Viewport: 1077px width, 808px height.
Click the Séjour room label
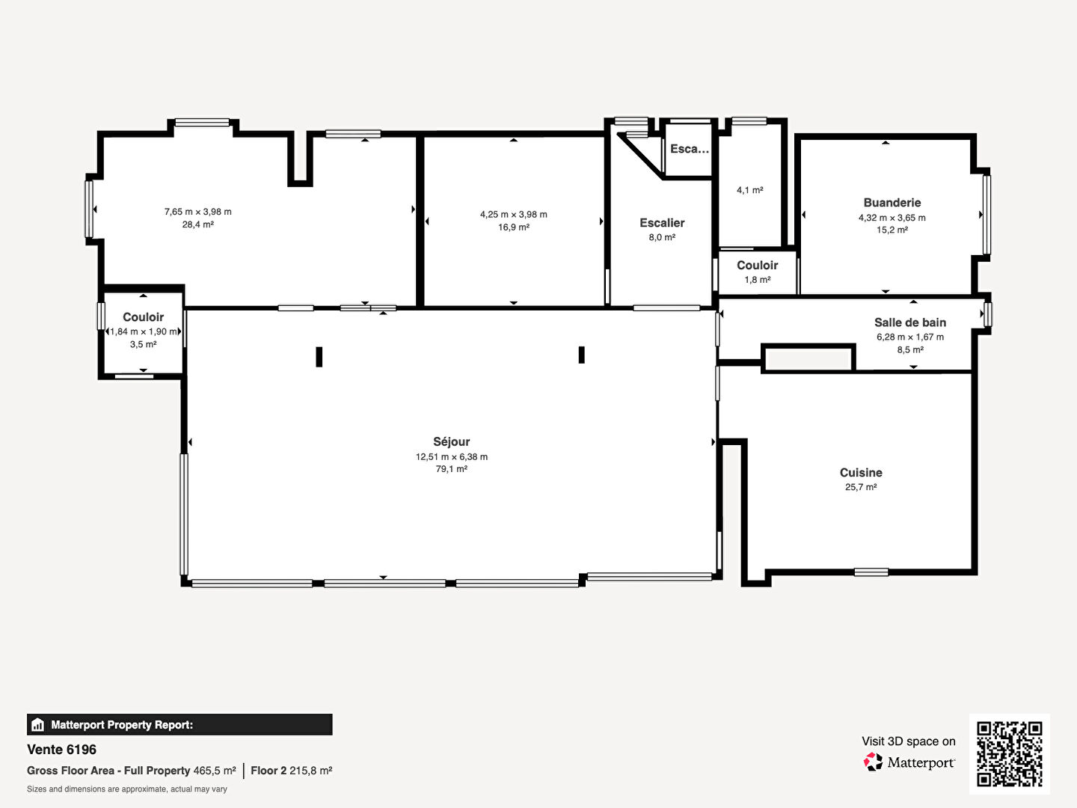click(x=452, y=441)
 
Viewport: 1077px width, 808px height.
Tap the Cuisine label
click(x=861, y=472)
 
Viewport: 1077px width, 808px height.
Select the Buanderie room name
click(x=892, y=203)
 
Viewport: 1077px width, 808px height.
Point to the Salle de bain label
click(x=910, y=322)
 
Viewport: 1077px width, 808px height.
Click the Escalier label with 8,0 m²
click(x=662, y=223)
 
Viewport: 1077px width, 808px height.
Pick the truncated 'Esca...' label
click(x=690, y=149)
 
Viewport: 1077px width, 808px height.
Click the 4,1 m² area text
click(x=749, y=190)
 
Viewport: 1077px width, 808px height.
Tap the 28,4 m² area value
click(x=197, y=224)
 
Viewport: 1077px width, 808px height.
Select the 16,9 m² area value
click(x=514, y=227)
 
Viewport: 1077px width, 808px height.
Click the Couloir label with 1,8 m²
click(x=757, y=266)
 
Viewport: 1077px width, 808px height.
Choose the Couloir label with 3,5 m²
click(x=144, y=317)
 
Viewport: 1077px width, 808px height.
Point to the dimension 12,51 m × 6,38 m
click(x=452, y=456)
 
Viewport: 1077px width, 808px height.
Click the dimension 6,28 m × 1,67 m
click(x=910, y=337)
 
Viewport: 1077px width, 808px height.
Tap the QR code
click(x=1009, y=754)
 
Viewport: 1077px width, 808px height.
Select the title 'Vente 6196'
click(x=62, y=750)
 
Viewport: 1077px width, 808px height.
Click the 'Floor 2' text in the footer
click(x=269, y=771)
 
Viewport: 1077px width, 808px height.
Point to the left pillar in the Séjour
click(x=319, y=357)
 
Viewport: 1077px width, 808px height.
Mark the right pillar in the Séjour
click(x=581, y=355)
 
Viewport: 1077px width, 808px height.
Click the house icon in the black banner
click(x=38, y=725)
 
